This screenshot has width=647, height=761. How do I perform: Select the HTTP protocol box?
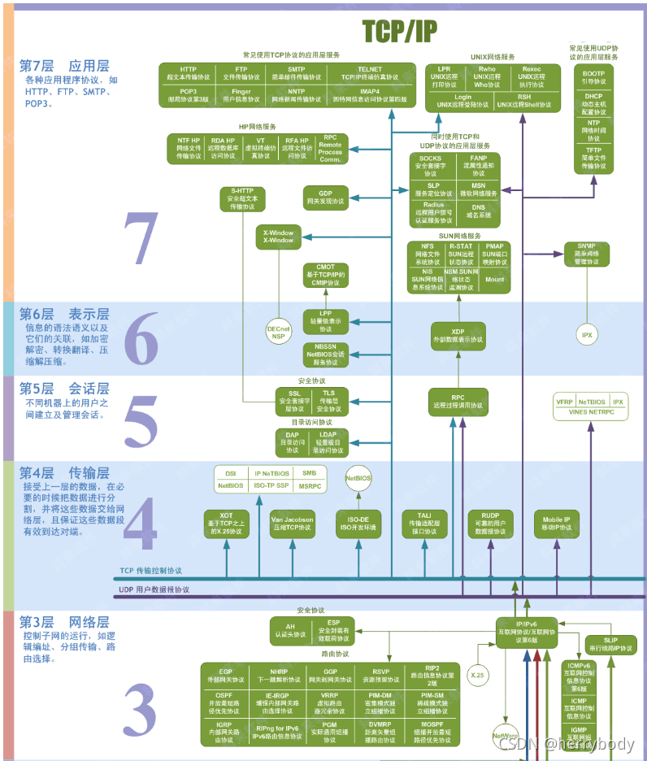click(188, 73)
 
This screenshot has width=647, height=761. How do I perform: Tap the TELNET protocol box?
click(369, 73)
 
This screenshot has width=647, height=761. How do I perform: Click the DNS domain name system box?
click(479, 211)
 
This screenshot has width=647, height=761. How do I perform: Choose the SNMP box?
click(586, 254)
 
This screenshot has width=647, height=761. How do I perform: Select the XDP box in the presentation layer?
click(458, 335)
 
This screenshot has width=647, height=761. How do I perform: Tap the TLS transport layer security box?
click(328, 400)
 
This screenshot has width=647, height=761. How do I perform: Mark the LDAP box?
click(328, 442)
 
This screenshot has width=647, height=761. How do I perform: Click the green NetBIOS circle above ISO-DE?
click(358, 479)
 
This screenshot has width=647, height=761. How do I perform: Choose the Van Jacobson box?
click(293, 524)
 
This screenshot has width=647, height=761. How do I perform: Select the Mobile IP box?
click(557, 524)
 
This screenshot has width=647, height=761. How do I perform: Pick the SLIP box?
click(610, 644)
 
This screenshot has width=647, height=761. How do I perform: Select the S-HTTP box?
click(242, 198)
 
